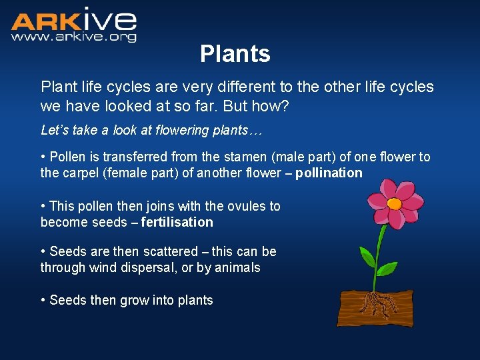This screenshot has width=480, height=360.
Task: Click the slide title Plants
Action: (x=235, y=54)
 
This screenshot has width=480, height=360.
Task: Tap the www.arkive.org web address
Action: (x=73, y=37)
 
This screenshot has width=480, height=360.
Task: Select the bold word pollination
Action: (x=329, y=173)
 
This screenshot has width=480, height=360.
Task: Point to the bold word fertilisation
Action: (x=177, y=223)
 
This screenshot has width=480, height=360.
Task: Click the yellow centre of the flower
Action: (x=394, y=203)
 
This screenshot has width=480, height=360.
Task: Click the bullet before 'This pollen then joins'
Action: (x=43, y=207)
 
